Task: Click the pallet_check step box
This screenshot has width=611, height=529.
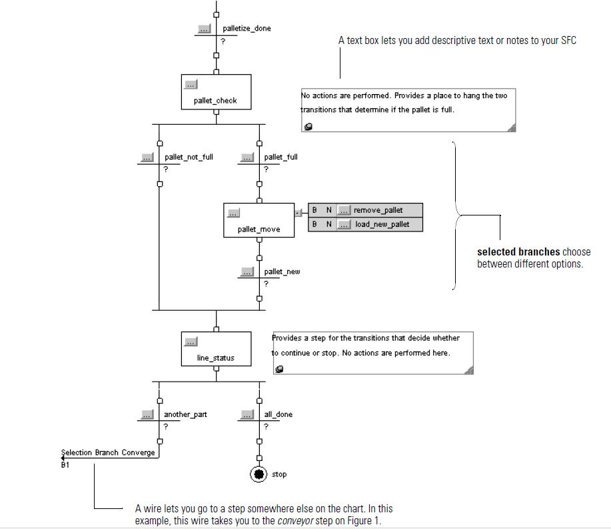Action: tap(216, 92)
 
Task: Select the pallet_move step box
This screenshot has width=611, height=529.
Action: tap(259, 220)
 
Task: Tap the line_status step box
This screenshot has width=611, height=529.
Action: tap(216, 349)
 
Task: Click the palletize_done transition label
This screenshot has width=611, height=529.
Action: tap(247, 29)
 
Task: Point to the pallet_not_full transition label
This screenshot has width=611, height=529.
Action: tap(189, 157)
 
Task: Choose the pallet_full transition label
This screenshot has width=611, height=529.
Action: tap(281, 157)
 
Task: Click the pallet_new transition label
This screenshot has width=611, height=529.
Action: tap(282, 272)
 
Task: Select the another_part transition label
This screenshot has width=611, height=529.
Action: tap(185, 415)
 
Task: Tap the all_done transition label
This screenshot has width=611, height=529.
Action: tap(278, 415)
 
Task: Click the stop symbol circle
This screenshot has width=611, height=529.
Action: tap(259, 474)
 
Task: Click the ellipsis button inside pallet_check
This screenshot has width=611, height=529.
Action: tap(191, 85)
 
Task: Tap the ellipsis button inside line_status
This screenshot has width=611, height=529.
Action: tap(191, 342)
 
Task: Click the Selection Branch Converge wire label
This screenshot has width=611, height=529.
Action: tap(108, 453)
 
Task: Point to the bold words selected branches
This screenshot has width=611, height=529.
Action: tap(518, 252)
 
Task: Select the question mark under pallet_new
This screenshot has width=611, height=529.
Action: tap(266, 284)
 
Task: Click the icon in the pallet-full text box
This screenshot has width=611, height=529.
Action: tap(308, 127)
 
